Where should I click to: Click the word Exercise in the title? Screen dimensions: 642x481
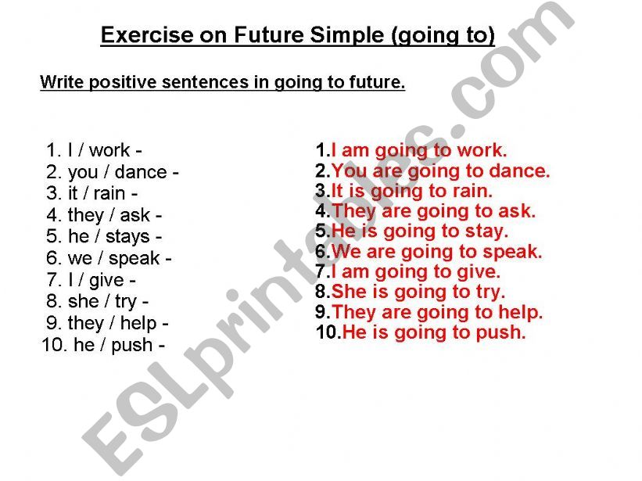pos(147,34)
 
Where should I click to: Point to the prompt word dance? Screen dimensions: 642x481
pos(141,172)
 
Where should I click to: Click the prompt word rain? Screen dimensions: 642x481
pos(109,193)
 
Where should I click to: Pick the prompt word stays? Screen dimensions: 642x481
pos(127,237)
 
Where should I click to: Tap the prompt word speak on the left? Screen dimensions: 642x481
pos(134,259)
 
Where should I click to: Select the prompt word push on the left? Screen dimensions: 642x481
pos(132,346)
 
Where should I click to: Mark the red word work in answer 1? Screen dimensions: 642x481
pos(482,150)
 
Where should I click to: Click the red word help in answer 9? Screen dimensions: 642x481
pos(520,313)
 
